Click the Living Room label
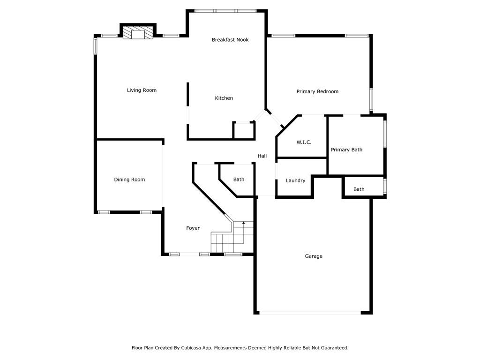pyautogui.click(x=142, y=90)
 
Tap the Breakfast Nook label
pyautogui.click(x=230, y=39)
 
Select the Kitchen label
pyautogui.click(x=224, y=98)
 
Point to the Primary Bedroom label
pyautogui.click(x=317, y=91)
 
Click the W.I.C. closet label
pyautogui.click(x=304, y=142)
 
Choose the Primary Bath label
pyautogui.click(x=346, y=150)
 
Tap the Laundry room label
pyautogui.click(x=295, y=180)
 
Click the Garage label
pyautogui.click(x=314, y=256)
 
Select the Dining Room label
pyautogui.click(x=129, y=180)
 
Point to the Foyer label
pyautogui.click(x=193, y=228)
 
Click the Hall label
pyautogui.click(x=262, y=156)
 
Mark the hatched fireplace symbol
pyautogui.click(x=138, y=33)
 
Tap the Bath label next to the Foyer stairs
pyautogui.click(x=239, y=180)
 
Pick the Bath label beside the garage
pyautogui.click(x=359, y=189)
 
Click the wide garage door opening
pyautogui.click(x=310, y=313)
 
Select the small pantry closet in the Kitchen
pyautogui.click(x=244, y=130)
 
